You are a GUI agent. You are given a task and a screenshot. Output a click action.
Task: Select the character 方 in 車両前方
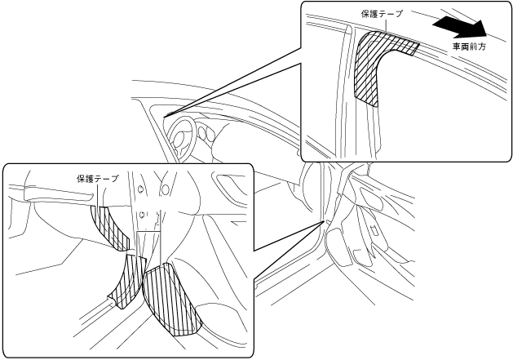point(487,47)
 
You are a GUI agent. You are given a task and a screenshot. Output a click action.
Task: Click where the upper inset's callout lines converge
point(166,115)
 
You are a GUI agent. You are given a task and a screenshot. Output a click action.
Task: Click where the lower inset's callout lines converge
point(325,220)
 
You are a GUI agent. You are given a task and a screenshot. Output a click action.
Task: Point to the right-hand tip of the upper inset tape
point(417,47)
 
